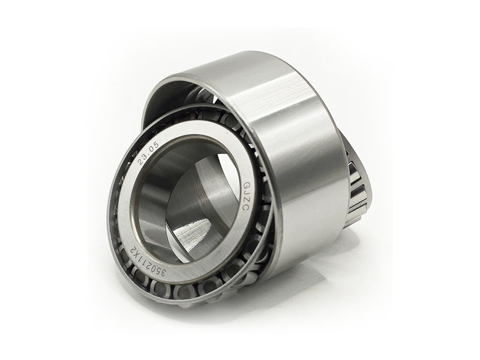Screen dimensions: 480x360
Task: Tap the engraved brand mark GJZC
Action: (x=245, y=196)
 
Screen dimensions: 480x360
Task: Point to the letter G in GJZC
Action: (x=245, y=185)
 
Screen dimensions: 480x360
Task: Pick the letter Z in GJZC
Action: (x=246, y=200)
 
